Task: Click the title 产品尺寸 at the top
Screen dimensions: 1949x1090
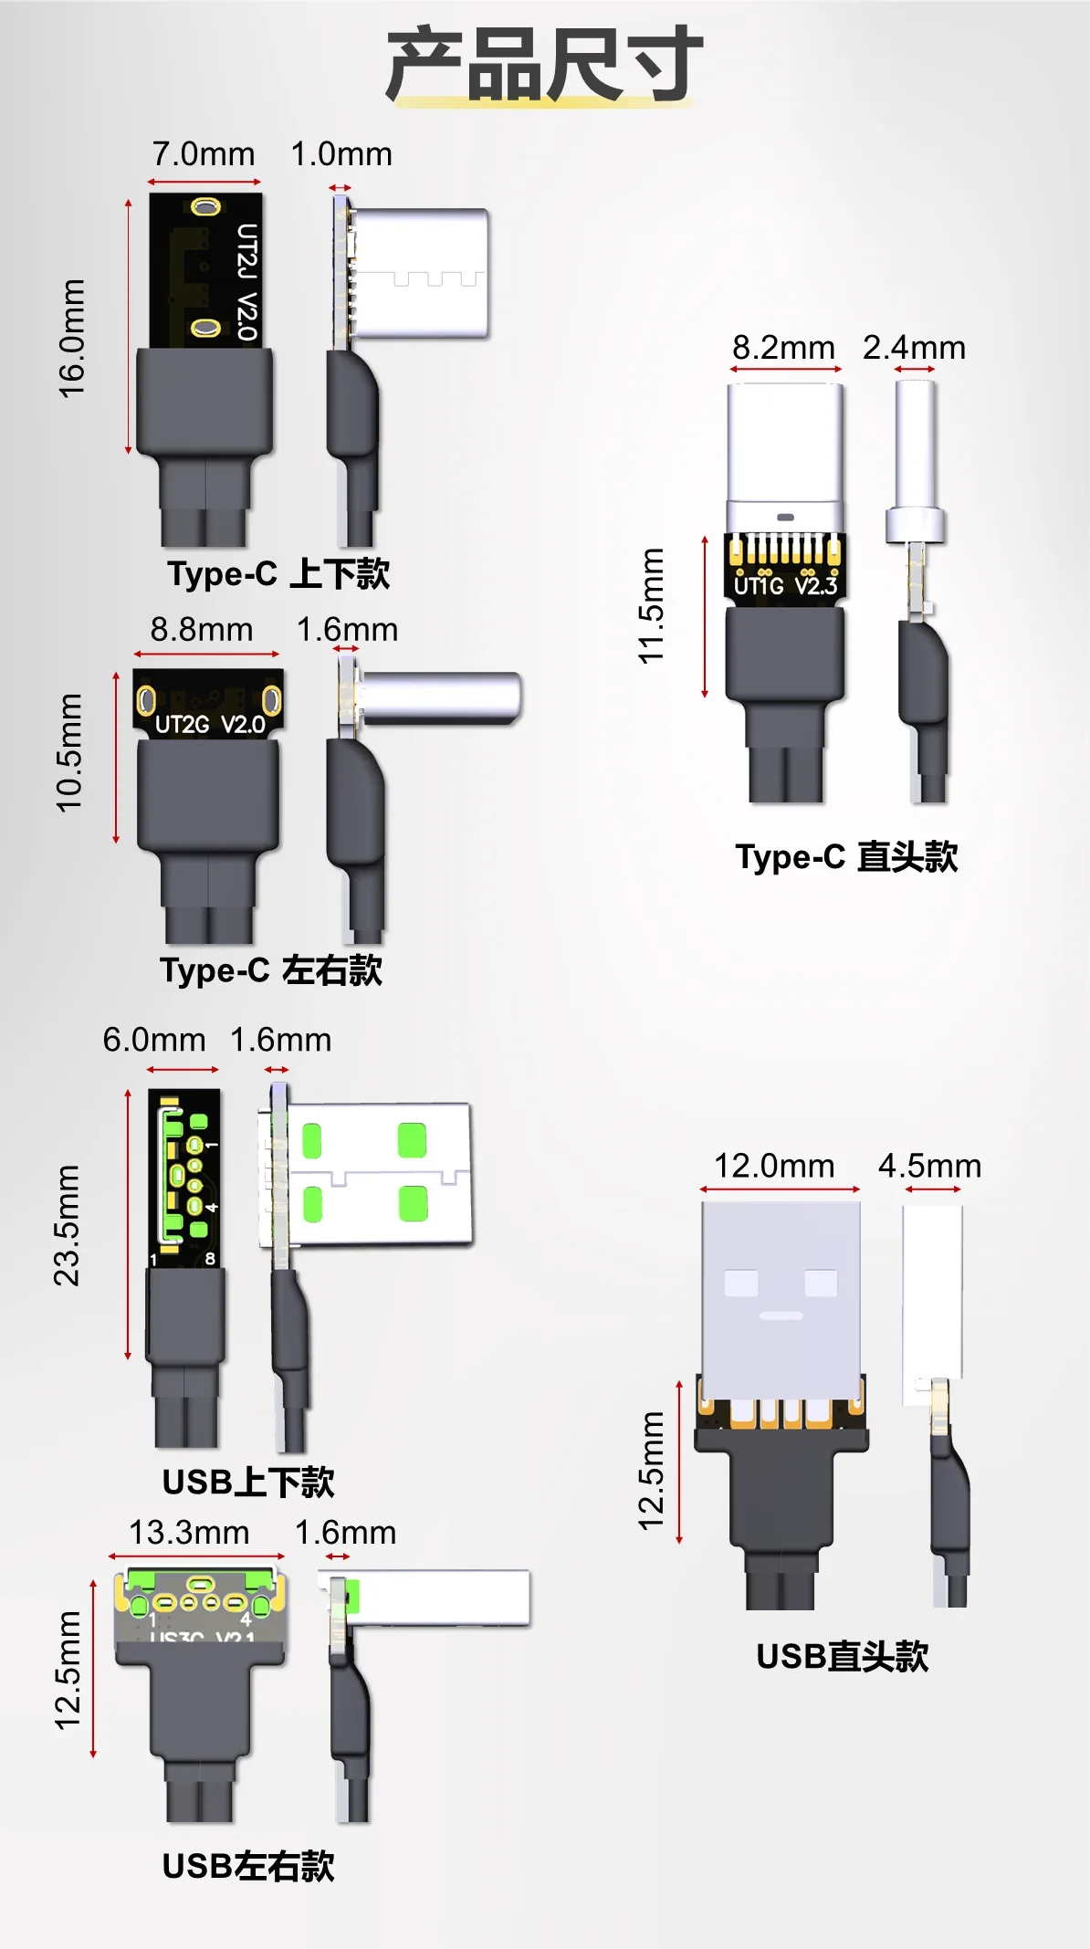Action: pos(544,64)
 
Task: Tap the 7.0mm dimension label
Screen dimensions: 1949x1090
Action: pos(204,154)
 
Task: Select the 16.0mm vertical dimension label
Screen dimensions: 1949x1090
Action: pos(72,339)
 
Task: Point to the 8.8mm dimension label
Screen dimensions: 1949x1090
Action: pos(202,630)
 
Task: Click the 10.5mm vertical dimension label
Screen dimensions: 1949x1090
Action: pos(69,753)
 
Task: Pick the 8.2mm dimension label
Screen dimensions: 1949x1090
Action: pos(783,348)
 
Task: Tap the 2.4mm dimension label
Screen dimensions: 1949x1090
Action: pos(914,348)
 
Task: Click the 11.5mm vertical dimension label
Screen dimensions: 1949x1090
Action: pos(651,606)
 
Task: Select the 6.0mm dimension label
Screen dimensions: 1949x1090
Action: pos(153,1040)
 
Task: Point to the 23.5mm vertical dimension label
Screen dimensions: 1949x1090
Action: pos(68,1226)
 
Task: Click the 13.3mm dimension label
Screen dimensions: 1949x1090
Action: pos(189,1533)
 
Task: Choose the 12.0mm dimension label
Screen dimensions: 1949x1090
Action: pos(774,1166)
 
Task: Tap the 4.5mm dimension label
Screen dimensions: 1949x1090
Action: pos(929,1166)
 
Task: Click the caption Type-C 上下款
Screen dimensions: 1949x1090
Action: pos(278,574)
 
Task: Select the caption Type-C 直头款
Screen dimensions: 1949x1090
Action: pos(846,857)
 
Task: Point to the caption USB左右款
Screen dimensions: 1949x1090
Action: pos(248,1867)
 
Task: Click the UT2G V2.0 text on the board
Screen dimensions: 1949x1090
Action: pos(210,725)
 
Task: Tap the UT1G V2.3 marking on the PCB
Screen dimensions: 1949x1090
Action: pos(785,586)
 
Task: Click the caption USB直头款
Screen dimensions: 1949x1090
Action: pos(842,1657)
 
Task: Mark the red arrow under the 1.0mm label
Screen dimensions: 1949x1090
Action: pos(341,188)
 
